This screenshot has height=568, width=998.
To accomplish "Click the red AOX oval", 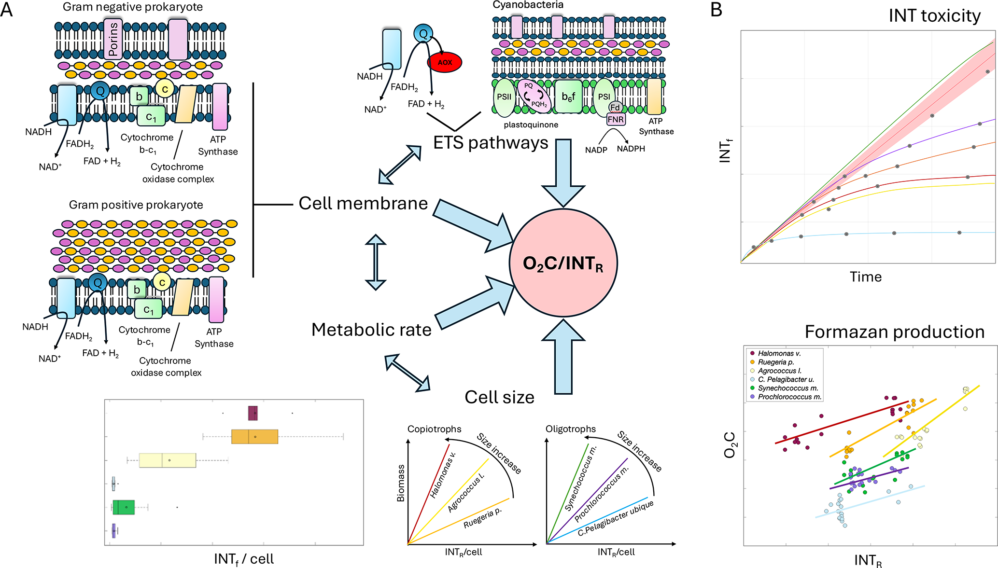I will [x=445, y=62].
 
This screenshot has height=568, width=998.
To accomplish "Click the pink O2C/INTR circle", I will [x=563, y=263].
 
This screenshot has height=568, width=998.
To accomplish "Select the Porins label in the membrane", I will [x=113, y=39].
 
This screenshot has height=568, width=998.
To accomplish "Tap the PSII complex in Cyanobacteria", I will [x=504, y=97].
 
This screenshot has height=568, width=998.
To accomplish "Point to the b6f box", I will [x=568, y=97].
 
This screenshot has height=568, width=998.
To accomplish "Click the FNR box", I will [x=616, y=119].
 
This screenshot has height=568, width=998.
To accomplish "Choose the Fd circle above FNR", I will [x=615, y=107].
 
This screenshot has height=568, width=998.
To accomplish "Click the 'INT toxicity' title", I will [x=934, y=16].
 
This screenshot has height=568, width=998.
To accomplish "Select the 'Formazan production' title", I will [x=894, y=332].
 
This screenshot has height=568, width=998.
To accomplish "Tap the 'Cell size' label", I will [x=499, y=397].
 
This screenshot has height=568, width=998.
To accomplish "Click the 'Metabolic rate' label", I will [x=371, y=330].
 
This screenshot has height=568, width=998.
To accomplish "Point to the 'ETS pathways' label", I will [x=491, y=143].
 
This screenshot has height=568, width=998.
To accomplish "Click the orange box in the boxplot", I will [x=254, y=436].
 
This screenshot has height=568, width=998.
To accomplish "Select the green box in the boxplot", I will [x=124, y=507].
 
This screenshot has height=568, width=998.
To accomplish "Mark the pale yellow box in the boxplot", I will [x=168, y=460].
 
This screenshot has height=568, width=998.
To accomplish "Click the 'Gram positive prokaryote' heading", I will [x=136, y=205].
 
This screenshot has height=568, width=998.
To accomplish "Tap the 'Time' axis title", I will [x=866, y=277].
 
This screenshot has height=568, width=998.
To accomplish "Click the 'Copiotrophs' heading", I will [x=434, y=429].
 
